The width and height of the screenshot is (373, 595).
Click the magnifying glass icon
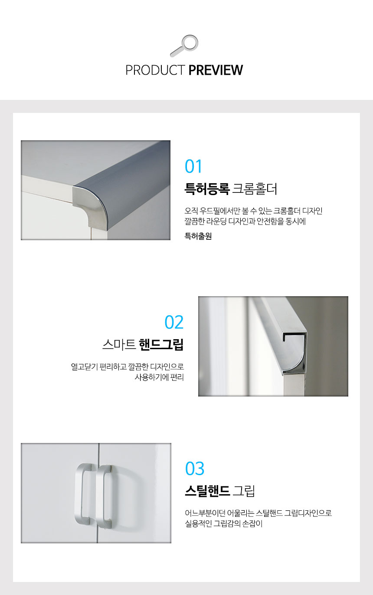click(x=184, y=46)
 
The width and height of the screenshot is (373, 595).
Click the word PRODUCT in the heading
click(x=155, y=70)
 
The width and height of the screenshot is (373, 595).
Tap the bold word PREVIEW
click(x=216, y=70)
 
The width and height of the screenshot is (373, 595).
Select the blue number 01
click(x=193, y=166)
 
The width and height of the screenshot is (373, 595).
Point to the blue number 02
click(x=174, y=322)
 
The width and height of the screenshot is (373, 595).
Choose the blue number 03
click(x=195, y=469)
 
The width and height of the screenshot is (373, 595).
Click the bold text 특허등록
click(x=207, y=189)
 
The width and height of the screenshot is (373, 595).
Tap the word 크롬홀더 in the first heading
click(x=255, y=189)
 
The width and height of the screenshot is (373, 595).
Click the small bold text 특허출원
click(x=198, y=236)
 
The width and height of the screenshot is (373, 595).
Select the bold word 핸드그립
click(x=161, y=344)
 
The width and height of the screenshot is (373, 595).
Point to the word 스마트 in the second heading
click(x=119, y=344)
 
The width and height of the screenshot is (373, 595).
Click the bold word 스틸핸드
click(x=207, y=491)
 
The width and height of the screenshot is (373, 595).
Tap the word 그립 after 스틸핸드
click(x=244, y=491)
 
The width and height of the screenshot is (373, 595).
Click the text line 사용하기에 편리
click(x=159, y=377)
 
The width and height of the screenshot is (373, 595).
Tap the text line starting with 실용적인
click(x=224, y=523)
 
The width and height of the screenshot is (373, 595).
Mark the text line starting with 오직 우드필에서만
click(x=254, y=211)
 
